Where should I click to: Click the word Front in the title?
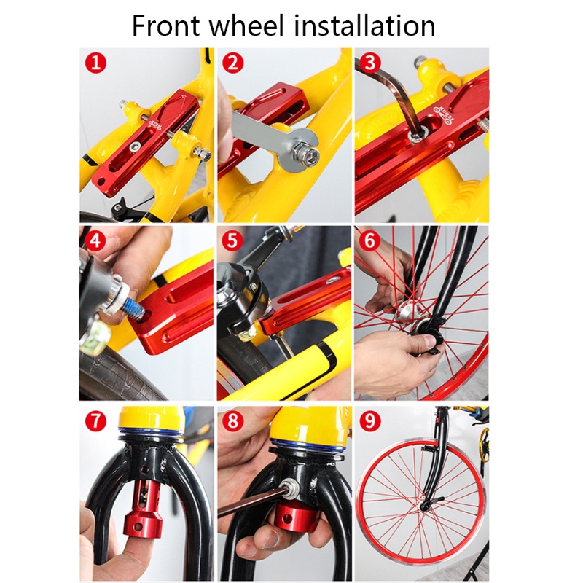pyautogui.click(x=166, y=26)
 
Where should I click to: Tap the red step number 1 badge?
pyautogui.click(x=95, y=63)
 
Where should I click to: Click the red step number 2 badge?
pyautogui.click(x=232, y=63)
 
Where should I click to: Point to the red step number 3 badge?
pyautogui.click(x=369, y=63)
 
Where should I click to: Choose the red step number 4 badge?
pyautogui.click(x=95, y=241)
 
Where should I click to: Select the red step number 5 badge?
pyautogui.click(x=232, y=241)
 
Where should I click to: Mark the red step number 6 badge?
pyautogui.click(x=369, y=241)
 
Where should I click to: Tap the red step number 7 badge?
pyautogui.click(x=95, y=421)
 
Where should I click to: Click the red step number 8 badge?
pyautogui.click(x=232, y=421)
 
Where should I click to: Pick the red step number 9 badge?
pyautogui.click(x=370, y=421)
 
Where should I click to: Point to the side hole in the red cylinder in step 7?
pyautogui.click(x=138, y=527)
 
